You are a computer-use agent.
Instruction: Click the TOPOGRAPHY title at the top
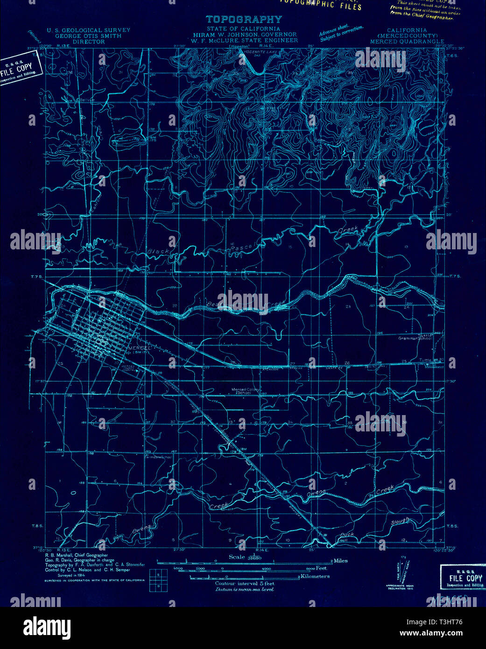point(244,20)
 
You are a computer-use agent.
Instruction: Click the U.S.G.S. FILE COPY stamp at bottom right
point(462,578)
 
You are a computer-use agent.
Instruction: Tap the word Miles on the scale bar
point(340,560)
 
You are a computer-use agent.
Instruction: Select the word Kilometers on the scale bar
point(315,576)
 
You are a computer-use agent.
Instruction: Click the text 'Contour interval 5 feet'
point(244,583)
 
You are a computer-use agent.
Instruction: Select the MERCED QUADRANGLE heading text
point(407,42)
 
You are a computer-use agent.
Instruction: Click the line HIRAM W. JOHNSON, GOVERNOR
point(244,35)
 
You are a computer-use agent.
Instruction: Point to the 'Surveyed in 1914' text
point(65,575)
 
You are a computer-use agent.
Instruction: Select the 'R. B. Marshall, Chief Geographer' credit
point(76,556)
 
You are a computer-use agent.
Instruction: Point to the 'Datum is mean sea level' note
point(244,589)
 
